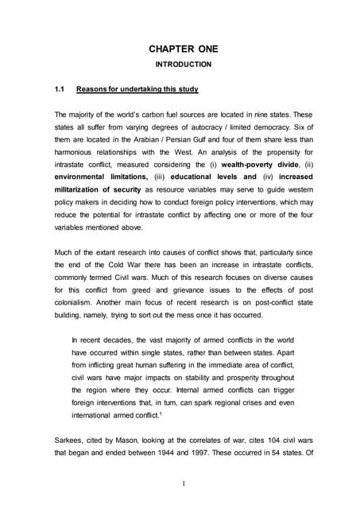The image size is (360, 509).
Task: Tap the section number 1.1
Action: (x=59, y=88)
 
